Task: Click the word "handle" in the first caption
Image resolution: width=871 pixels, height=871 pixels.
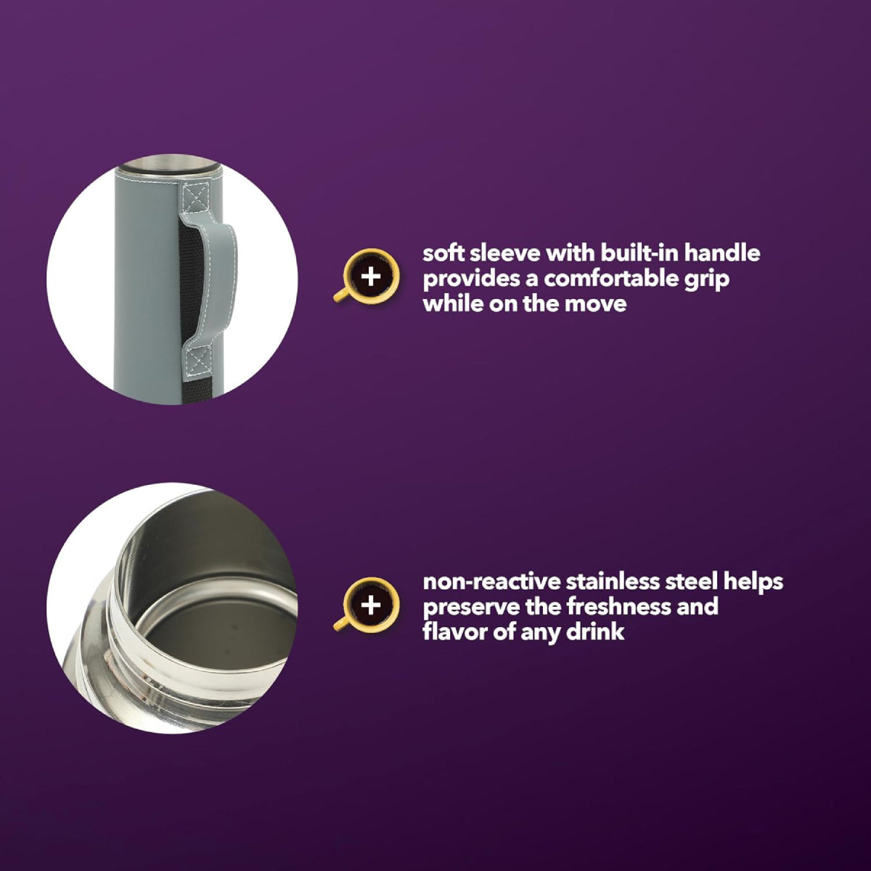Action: (x=721, y=253)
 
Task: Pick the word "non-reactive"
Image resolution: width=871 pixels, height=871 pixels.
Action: (x=492, y=581)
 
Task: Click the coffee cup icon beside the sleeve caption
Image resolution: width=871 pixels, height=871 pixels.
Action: (x=367, y=276)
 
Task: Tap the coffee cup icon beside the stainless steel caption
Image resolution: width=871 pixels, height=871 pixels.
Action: (x=367, y=605)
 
